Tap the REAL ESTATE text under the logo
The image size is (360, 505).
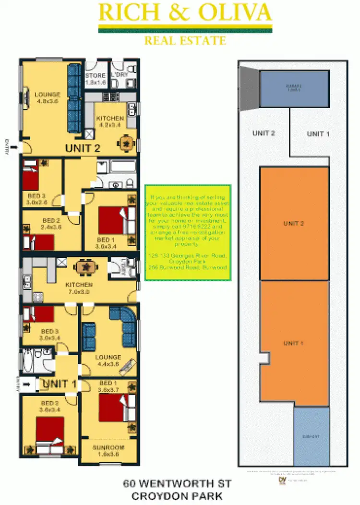click(185, 40)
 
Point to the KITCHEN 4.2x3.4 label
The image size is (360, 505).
click(110, 121)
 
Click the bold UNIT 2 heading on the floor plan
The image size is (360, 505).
click(83, 148)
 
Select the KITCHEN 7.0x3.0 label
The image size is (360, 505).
click(79, 288)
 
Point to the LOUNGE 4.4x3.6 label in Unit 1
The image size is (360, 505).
click(108, 361)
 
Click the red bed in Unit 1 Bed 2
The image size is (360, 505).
click(50, 431)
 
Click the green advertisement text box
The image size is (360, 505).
click(188, 232)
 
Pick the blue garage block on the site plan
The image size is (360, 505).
click(294, 89)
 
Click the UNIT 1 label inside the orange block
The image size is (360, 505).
click(294, 343)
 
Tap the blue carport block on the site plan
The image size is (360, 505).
click(312, 436)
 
